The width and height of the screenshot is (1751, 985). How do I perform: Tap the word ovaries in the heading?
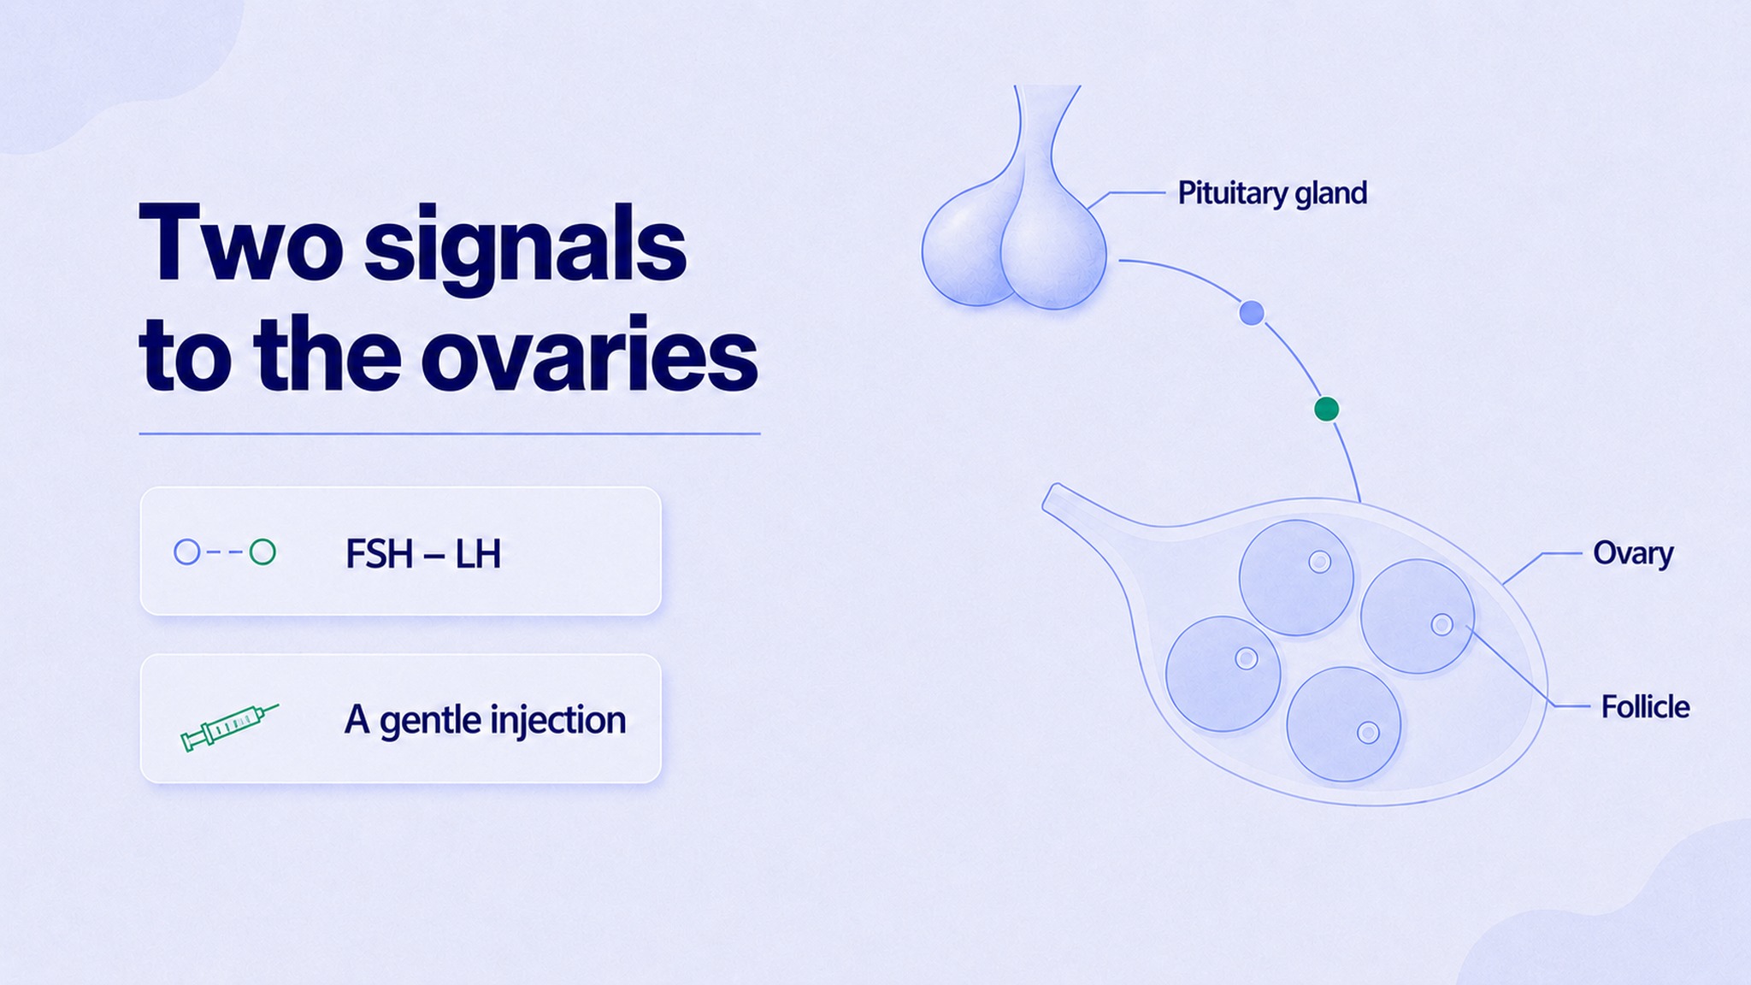590,355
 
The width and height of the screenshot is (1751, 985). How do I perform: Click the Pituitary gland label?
1272,193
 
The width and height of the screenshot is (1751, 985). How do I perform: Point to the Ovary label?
1633,553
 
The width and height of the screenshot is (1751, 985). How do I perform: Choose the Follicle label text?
1645,707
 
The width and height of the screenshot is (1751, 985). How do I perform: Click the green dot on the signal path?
1326,410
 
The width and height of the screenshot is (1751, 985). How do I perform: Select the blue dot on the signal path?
1252,313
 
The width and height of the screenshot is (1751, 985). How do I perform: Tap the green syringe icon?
229,727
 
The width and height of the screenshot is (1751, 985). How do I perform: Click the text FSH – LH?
422,554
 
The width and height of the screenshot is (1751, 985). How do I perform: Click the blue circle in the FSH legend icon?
187,552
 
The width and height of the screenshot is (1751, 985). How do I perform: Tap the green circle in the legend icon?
262,552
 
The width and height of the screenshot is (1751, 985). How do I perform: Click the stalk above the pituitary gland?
1046,128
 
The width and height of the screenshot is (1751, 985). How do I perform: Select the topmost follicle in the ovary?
1296,578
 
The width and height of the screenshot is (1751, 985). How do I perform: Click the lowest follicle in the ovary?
1344,724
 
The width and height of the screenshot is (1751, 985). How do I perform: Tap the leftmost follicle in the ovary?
1223,674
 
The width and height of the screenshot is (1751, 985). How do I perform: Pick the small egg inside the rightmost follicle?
1442,624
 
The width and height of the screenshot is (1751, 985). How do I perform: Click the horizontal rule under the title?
450,434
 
